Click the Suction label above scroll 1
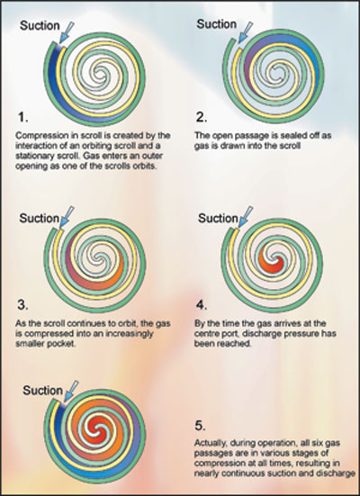(40, 25)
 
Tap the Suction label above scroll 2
(216, 24)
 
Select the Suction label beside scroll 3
(40, 218)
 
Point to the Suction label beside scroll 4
(218, 218)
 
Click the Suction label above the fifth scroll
(42, 391)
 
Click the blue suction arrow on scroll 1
(67, 32)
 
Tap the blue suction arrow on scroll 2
(246, 32)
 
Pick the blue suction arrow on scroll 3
(67, 217)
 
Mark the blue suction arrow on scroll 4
(246, 217)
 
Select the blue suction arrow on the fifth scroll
(71, 392)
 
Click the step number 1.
(22, 118)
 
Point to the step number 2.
(202, 117)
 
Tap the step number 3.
(22, 305)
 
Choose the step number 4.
(202, 305)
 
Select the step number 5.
(200, 426)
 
